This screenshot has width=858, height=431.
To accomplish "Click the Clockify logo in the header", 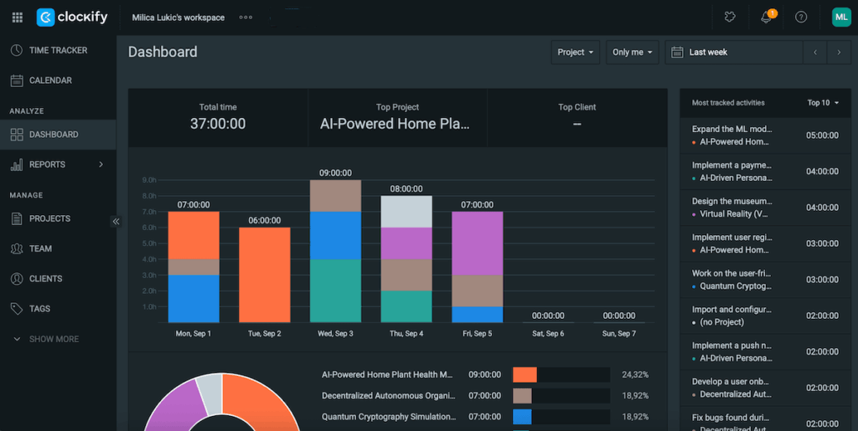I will click(x=69, y=17).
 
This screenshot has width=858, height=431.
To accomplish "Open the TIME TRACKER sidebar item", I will click(x=57, y=50).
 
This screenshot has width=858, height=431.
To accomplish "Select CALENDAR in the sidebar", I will click(x=50, y=80).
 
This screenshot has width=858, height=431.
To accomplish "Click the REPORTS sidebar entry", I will click(x=47, y=165).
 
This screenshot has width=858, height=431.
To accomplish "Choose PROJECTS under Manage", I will click(x=49, y=218).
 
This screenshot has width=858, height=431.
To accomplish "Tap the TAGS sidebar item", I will click(x=39, y=309).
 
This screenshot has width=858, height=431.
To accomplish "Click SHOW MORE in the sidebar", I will click(x=54, y=339).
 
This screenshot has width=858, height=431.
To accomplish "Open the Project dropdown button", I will click(x=576, y=52).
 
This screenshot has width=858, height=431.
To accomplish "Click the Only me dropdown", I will click(x=632, y=52).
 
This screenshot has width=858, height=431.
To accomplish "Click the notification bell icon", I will click(x=766, y=18).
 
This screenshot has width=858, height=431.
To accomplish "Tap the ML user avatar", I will click(x=840, y=17).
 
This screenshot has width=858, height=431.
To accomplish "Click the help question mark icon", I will click(x=801, y=18).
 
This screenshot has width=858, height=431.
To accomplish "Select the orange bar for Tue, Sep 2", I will click(x=265, y=275).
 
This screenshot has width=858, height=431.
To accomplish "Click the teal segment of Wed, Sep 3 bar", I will click(x=335, y=290).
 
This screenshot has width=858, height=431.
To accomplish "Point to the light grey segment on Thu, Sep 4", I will click(x=406, y=212).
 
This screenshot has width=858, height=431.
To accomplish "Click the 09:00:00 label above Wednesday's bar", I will click(x=335, y=173).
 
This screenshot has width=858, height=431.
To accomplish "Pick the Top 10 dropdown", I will click(x=823, y=103).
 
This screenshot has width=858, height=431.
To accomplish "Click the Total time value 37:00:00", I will click(x=218, y=124).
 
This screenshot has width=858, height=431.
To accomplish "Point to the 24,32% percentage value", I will click(x=635, y=375).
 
